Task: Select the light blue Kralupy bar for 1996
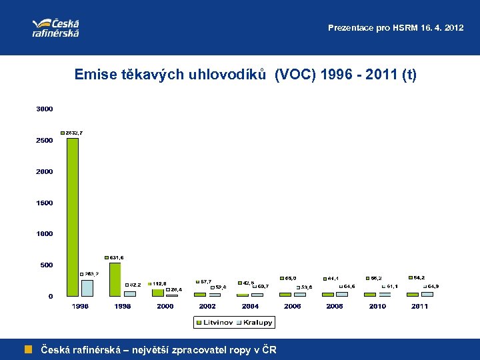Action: [x=87, y=288]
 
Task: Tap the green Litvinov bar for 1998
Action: [x=115, y=279]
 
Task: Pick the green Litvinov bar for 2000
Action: [x=157, y=293]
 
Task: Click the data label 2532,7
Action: [x=73, y=133]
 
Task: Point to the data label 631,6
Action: [x=114, y=257]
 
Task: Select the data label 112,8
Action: [x=159, y=283]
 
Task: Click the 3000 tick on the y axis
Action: [x=45, y=109]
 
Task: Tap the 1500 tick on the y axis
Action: [x=45, y=203]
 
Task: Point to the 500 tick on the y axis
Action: [x=46, y=265]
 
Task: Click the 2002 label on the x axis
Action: [x=207, y=306]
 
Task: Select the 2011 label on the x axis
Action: [x=419, y=306]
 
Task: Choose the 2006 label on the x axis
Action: [x=292, y=306]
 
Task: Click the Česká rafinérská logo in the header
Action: [x=56, y=27]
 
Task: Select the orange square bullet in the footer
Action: [x=29, y=349]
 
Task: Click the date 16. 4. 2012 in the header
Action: [x=437, y=28]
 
